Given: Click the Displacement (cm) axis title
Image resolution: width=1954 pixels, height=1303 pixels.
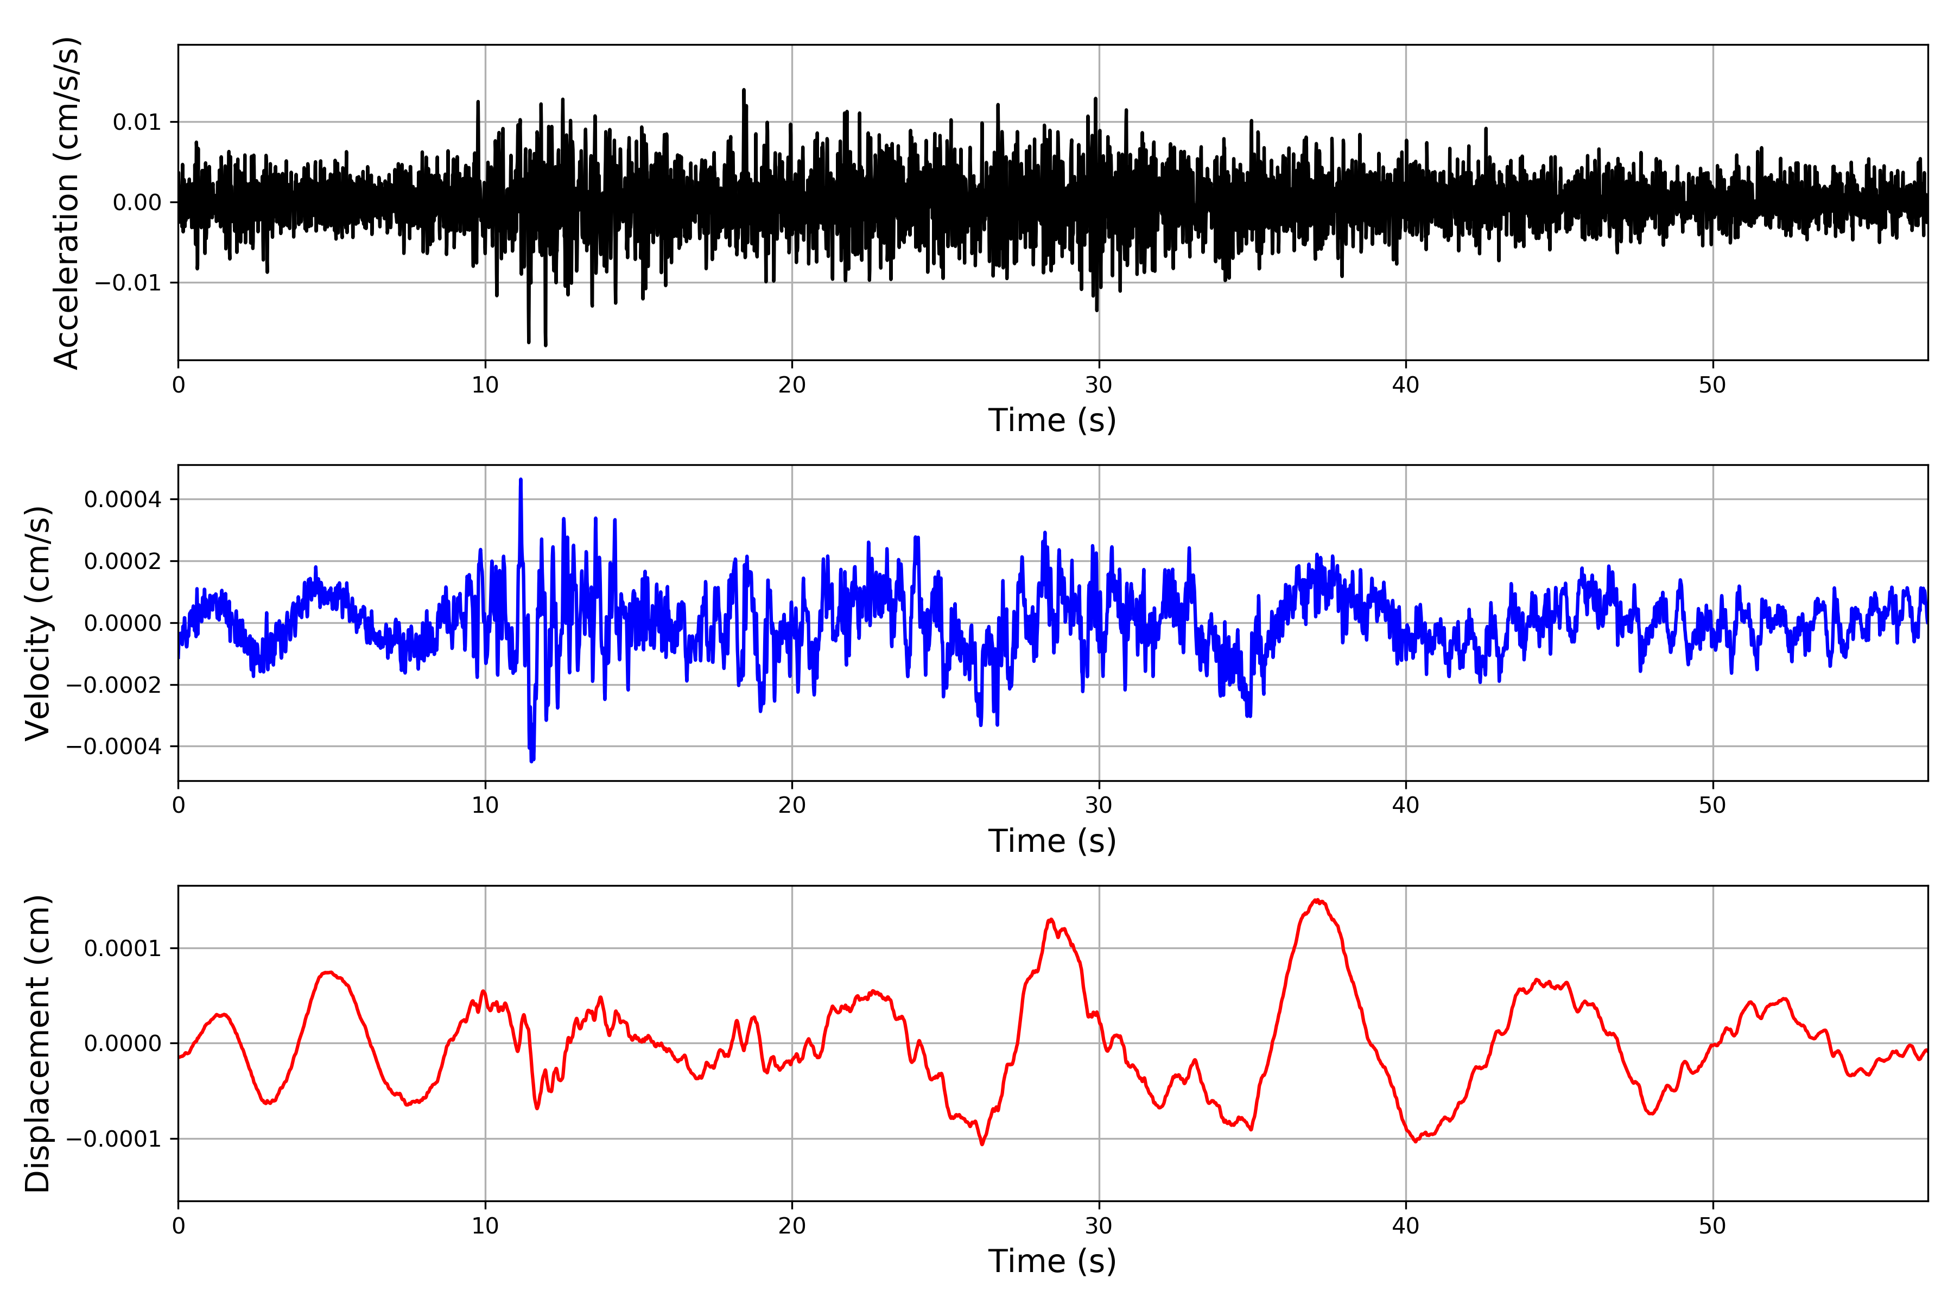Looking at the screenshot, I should tap(38, 1043).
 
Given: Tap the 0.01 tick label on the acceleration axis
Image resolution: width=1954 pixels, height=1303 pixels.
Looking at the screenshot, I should tap(137, 122).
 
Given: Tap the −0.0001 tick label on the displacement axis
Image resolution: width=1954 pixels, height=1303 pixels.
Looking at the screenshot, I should tap(114, 1139).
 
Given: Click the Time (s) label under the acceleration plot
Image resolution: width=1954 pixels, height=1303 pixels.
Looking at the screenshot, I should tap(1052, 420).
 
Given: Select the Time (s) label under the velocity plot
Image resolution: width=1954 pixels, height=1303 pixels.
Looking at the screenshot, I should tap(1052, 841).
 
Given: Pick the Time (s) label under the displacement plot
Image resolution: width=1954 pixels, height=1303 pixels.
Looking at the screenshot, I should tap(1052, 1261).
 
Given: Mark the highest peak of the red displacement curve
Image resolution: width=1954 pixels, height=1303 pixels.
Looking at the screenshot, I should tap(1318, 900).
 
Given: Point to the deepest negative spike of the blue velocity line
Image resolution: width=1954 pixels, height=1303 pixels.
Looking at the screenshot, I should tap(532, 761).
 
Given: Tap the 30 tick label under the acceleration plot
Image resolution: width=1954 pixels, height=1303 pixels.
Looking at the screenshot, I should tap(1098, 385).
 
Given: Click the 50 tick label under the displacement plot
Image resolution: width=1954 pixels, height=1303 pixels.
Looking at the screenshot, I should tap(1712, 1226).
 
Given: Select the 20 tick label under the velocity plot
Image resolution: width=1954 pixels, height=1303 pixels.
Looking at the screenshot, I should tap(792, 805).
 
